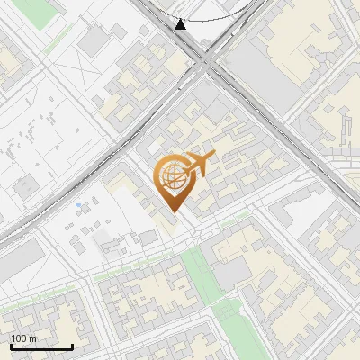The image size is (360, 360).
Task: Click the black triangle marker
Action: point(181,24)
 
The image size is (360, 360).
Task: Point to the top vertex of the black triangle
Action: point(181,19)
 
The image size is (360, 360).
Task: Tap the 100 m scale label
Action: point(24,338)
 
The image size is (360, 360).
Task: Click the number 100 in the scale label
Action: point(20,338)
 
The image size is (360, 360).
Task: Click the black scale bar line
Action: point(41,346)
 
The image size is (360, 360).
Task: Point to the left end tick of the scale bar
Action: point(11,345)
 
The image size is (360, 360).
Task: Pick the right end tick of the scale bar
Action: point(72,345)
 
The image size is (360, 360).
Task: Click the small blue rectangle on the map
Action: point(79,206)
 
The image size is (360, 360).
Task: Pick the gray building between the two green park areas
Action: point(229,274)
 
